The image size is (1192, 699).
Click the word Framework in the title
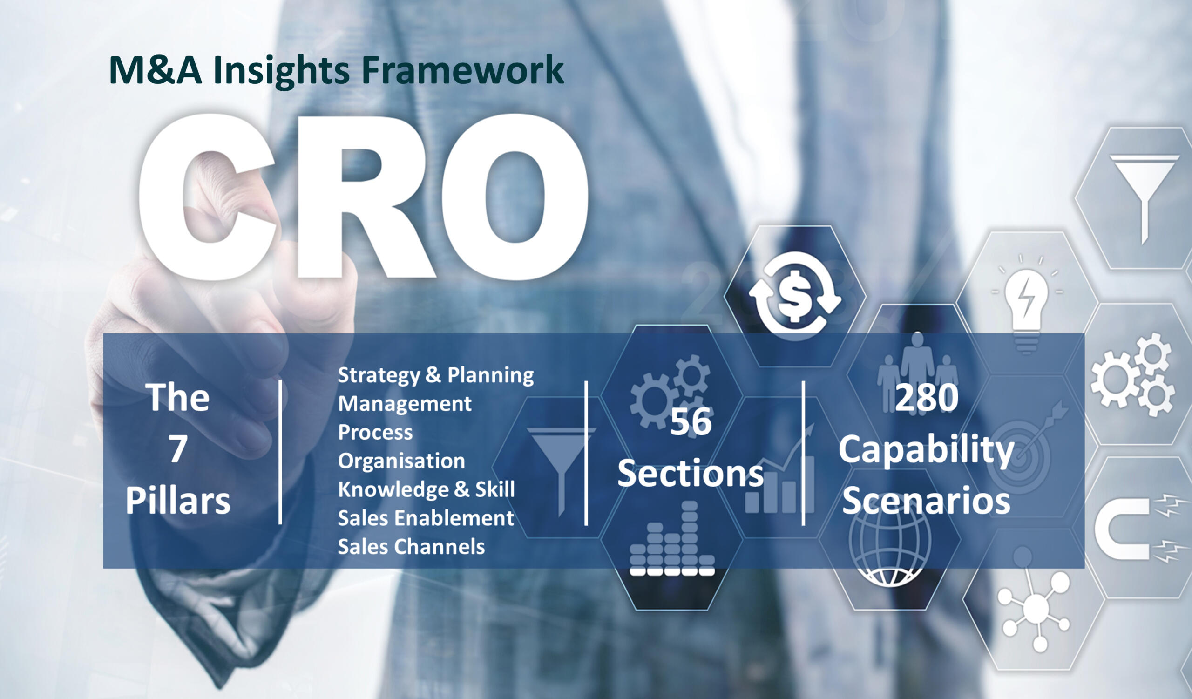463,70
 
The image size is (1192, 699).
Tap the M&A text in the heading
155,70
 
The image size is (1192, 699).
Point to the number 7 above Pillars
178,449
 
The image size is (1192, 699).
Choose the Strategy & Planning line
436,375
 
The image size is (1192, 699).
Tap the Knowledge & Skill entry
426,489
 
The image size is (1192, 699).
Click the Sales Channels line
411,547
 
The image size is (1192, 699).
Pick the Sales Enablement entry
426,518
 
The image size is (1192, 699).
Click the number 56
691,422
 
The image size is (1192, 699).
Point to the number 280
927,398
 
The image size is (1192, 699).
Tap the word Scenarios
926,501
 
